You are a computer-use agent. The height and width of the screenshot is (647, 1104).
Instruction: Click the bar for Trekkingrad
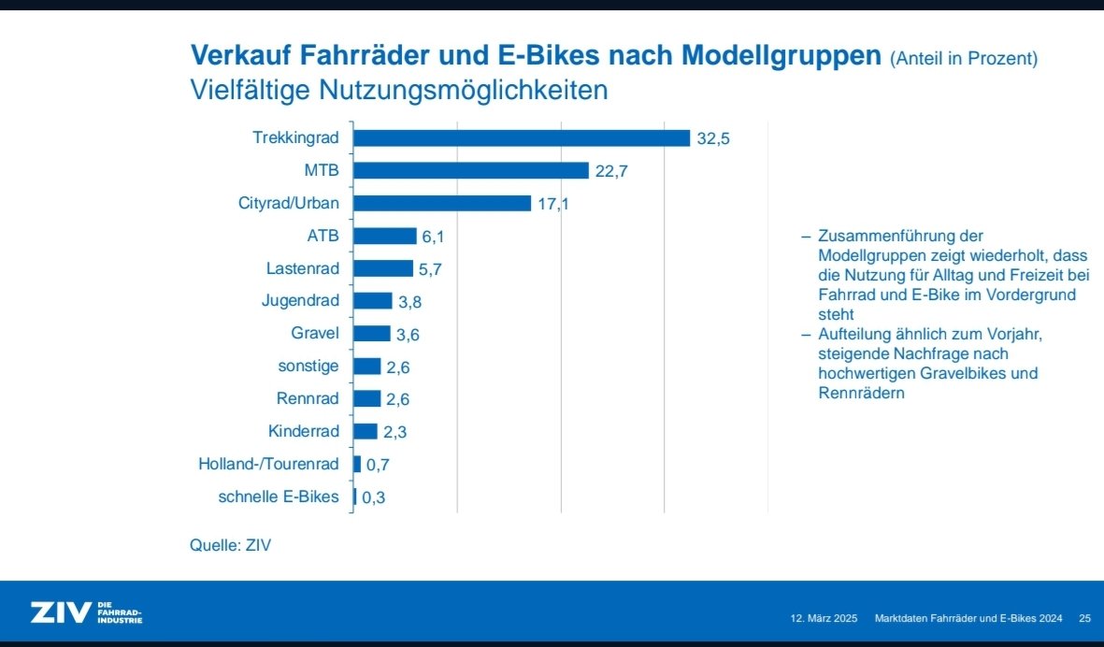(521, 138)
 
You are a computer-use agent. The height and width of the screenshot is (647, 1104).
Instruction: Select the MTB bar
(470, 170)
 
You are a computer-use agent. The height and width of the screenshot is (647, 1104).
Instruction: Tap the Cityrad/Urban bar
(442, 203)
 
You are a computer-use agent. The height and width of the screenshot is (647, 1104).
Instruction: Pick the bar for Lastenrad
(383, 268)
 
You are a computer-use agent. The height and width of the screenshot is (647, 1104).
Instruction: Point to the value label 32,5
(713, 139)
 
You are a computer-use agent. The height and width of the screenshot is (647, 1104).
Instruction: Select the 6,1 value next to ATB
(433, 237)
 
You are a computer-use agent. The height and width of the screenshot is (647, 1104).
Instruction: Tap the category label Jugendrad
(301, 301)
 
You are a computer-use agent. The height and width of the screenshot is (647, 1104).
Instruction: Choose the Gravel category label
(315, 333)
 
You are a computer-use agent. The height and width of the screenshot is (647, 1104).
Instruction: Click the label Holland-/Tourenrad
(268, 464)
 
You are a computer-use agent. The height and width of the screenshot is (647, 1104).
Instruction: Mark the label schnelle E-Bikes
(279, 496)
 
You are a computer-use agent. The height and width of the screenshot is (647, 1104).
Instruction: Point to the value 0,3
(373, 497)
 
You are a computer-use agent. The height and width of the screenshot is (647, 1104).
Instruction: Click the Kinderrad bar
(366, 431)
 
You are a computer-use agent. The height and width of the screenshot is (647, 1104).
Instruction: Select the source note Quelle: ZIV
(230, 544)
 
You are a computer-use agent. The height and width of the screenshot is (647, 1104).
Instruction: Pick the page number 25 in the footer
(1085, 619)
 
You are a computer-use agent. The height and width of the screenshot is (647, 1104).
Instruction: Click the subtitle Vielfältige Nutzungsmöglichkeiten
(399, 91)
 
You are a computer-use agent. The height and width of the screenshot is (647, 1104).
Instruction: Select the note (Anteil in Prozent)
(964, 59)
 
